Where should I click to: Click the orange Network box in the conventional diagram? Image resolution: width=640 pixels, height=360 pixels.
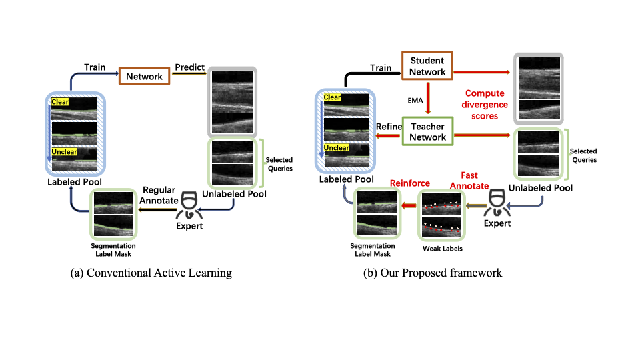[144, 76]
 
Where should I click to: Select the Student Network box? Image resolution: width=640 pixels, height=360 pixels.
[427, 66]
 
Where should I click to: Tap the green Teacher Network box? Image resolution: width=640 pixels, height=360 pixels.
[427, 131]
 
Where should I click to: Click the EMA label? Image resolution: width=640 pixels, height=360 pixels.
[415, 101]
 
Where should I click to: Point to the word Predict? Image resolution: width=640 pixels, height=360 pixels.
[189, 67]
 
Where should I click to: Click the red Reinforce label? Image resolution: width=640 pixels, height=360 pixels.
[410, 183]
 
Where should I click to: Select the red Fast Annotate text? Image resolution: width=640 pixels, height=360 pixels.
[469, 181]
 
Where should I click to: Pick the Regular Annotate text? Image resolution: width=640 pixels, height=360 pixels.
[159, 195]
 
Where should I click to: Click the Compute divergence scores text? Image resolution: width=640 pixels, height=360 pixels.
[485, 105]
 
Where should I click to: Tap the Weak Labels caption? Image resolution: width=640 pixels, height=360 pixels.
[443, 249]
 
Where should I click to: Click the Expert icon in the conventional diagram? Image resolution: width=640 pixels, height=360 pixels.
[189, 205]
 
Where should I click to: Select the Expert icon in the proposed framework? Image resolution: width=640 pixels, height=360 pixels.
[497, 203]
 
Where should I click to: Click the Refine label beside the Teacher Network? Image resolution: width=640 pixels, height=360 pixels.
[389, 127]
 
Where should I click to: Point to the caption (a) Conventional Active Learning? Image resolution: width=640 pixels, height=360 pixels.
[151, 273]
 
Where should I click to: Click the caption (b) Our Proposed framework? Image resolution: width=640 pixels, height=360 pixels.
[433, 273]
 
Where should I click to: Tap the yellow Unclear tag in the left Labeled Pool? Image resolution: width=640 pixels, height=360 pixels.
[64, 152]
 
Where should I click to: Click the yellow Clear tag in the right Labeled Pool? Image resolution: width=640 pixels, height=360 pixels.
[332, 97]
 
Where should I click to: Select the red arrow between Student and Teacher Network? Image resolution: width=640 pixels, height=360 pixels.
[428, 98]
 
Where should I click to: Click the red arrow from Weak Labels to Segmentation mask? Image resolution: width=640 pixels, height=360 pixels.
[409, 205]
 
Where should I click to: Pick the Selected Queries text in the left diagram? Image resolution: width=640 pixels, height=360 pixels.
[279, 164]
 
